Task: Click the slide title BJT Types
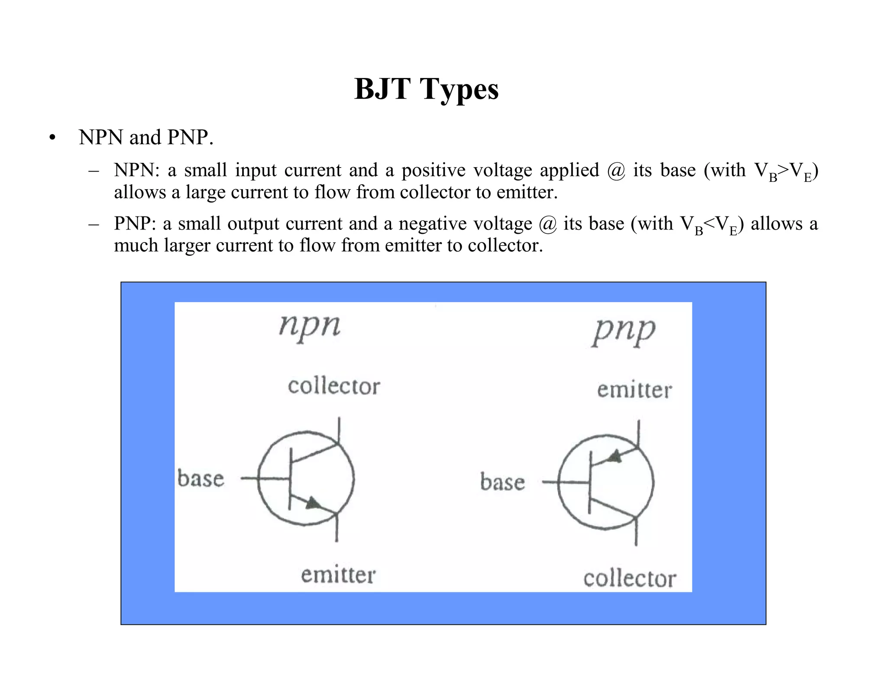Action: click(426, 89)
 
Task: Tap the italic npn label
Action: click(310, 326)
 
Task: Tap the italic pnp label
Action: click(623, 331)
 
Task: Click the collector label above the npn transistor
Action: click(333, 386)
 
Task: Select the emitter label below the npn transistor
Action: click(338, 575)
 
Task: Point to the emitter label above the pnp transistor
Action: click(634, 390)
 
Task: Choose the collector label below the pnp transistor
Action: click(629, 579)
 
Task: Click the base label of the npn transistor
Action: click(201, 479)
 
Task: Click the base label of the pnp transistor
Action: click(502, 482)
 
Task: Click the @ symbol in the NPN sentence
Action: click(616, 171)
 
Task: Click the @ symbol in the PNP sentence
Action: click(548, 224)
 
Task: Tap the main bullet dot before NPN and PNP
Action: click(52, 138)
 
